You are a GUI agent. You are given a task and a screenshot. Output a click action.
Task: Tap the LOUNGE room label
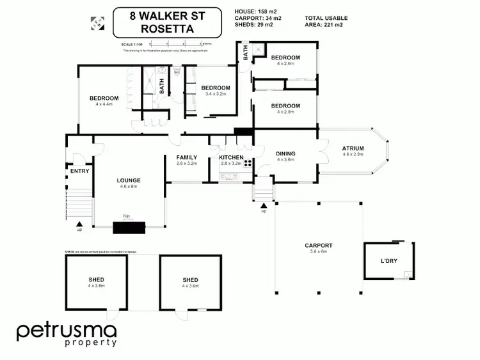coord(128,181)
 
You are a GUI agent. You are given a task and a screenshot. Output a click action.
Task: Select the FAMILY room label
coord(187,157)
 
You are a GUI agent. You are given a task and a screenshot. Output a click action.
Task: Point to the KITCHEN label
coord(231,157)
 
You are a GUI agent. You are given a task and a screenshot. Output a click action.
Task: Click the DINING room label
coord(285,153)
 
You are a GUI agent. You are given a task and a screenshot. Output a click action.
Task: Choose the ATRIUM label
coord(353,149)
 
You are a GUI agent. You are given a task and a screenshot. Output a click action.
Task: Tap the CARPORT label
coord(318,246)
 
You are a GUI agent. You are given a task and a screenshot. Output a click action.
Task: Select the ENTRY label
coord(80,171)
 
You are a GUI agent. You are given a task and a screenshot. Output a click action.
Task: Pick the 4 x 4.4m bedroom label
coord(104,98)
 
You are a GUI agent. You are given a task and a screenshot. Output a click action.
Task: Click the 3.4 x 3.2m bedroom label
coord(215,88)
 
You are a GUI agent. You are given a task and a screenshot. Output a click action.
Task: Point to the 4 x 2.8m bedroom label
coord(285,106)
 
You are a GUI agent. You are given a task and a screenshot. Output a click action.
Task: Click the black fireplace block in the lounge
coord(129,225)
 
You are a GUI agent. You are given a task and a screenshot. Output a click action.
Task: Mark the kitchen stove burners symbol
coord(246,162)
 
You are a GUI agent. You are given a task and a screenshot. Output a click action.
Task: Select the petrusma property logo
coord(67,334)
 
